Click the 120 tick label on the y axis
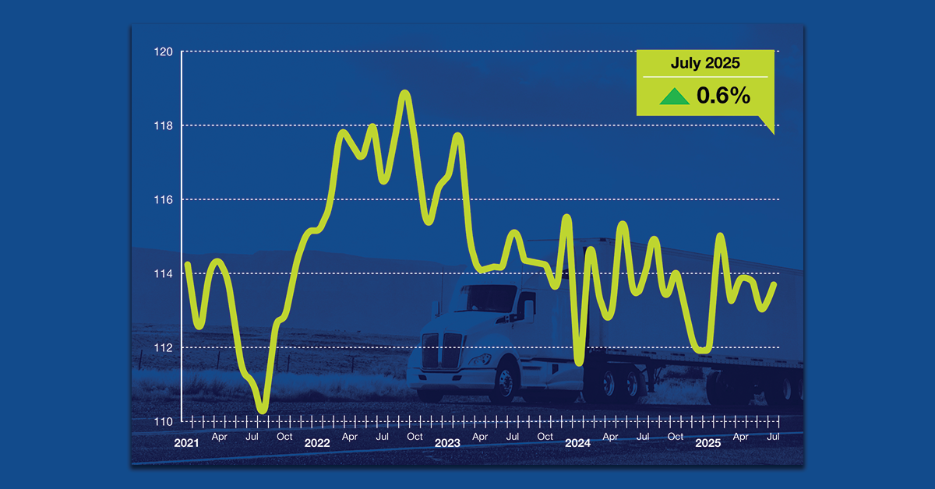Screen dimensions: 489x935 164,52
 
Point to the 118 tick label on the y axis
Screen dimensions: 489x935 164,126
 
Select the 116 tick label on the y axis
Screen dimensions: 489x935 164,200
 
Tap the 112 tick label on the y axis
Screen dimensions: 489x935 164,348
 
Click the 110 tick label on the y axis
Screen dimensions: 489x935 164,422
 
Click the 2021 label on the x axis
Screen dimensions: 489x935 187,443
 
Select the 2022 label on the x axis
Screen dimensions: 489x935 317,443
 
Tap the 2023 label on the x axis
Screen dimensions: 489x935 447,443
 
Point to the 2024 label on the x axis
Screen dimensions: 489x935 577,443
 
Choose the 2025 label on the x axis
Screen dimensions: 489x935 707,443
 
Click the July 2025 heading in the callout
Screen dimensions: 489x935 705,64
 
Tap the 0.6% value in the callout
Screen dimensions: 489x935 723,96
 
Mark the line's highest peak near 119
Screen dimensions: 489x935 404,93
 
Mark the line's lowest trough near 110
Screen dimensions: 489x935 262,410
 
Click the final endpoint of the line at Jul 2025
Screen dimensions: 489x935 774,283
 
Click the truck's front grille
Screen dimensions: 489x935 440,351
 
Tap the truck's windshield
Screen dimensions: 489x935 491,298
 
